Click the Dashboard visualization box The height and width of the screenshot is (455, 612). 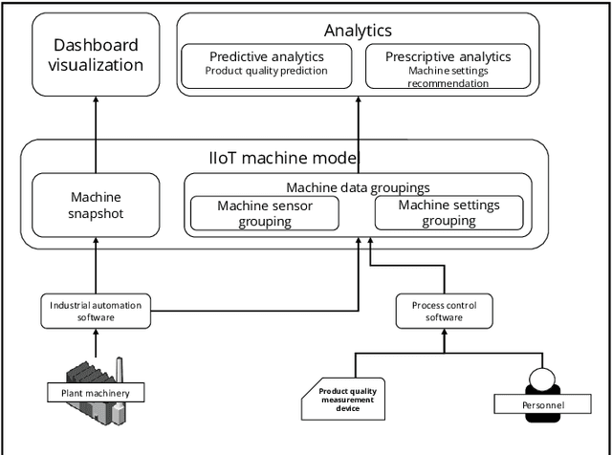[x=96, y=56]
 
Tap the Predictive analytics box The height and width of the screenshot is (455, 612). [x=266, y=64]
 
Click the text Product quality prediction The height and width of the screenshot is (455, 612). [x=266, y=71]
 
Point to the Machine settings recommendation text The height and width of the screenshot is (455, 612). [x=448, y=76]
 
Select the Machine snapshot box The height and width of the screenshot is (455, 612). [x=96, y=205]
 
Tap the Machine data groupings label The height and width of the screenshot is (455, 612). [x=357, y=187]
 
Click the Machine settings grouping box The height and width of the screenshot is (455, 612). [x=448, y=213]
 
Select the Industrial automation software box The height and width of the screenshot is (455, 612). [x=96, y=311]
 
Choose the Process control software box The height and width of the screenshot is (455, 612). [x=443, y=311]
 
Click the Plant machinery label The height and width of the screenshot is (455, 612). [x=96, y=393]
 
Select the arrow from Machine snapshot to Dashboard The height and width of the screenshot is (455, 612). [x=96, y=134]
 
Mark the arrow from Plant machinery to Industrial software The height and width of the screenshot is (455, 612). [x=96, y=342]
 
